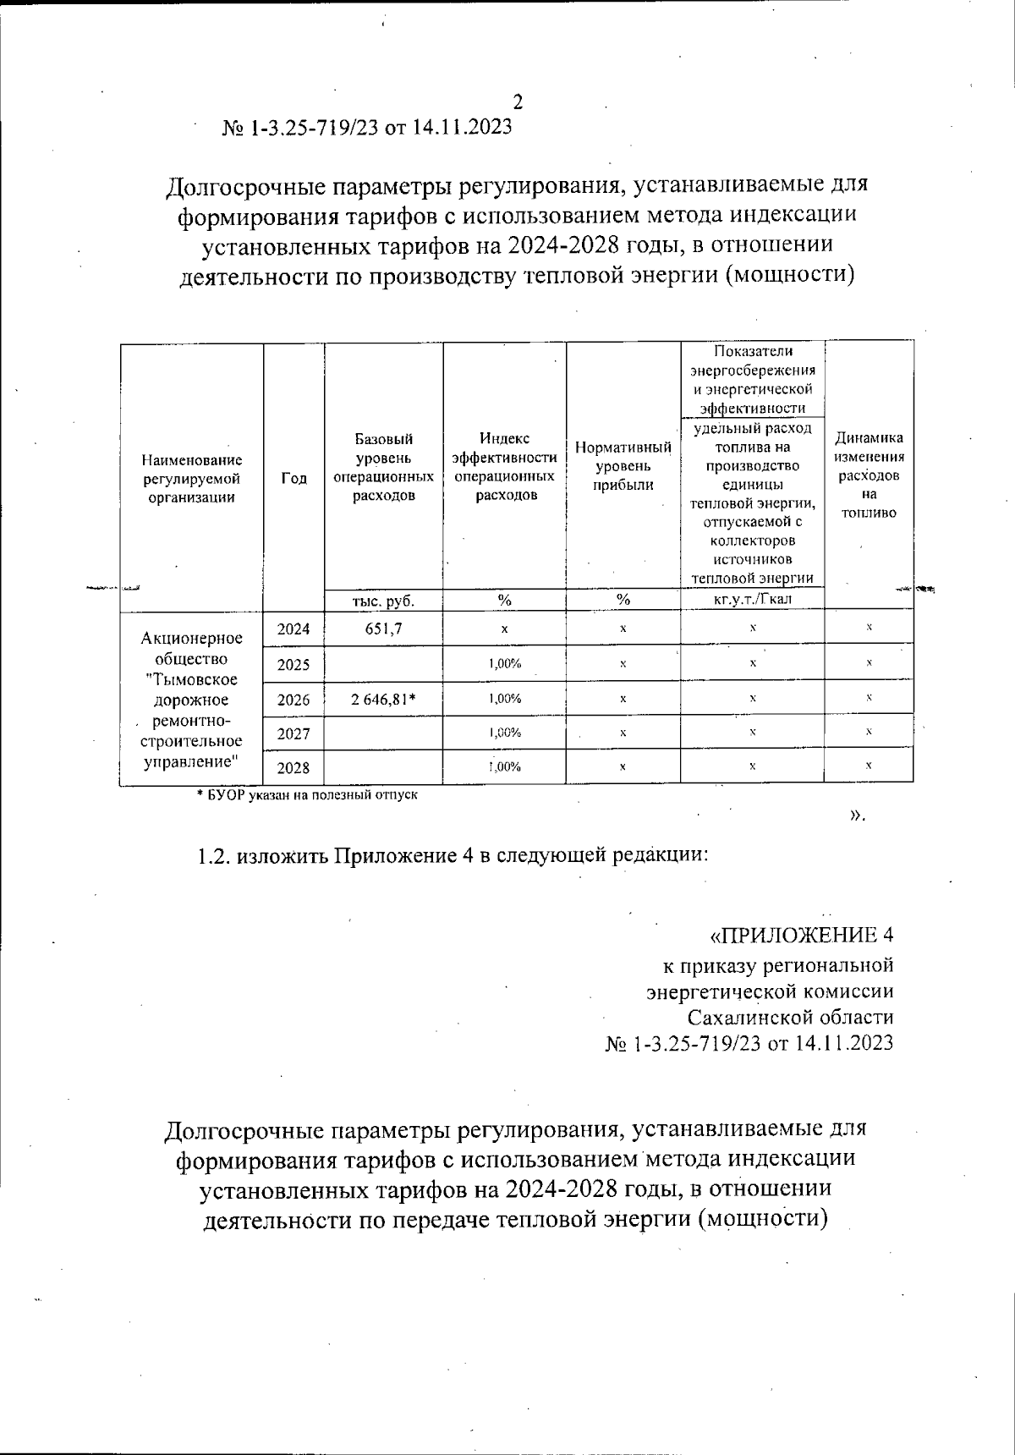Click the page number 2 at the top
(x=518, y=102)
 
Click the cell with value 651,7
(x=383, y=629)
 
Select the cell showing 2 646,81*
(x=385, y=699)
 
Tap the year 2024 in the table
(x=294, y=629)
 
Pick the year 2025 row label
(x=294, y=664)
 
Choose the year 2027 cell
(x=294, y=733)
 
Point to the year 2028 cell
(x=294, y=768)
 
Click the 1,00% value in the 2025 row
(x=504, y=664)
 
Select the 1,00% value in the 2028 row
(x=504, y=767)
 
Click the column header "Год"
(x=294, y=478)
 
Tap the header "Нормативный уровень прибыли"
(x=623, y=466)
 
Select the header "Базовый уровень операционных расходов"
(x=384, y=467)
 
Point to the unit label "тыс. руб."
(x=383, y=601)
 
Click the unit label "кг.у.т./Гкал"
(x=752, y=600)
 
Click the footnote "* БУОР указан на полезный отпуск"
(x=307, y=795)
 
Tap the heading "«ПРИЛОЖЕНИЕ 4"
(x=800, y=936)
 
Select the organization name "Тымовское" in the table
(x=191, y=679)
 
